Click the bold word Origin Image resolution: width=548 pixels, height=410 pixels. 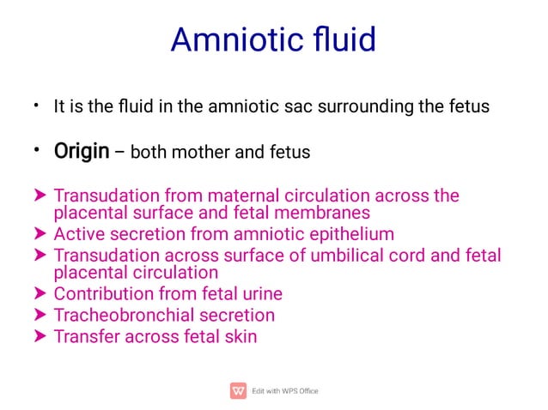82,153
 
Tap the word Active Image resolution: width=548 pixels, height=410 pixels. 80,233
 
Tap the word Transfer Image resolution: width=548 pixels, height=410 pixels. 87,336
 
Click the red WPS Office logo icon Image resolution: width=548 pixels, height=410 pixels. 238,390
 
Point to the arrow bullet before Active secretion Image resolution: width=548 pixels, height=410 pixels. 38,233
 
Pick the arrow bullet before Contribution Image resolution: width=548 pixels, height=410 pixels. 38,294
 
